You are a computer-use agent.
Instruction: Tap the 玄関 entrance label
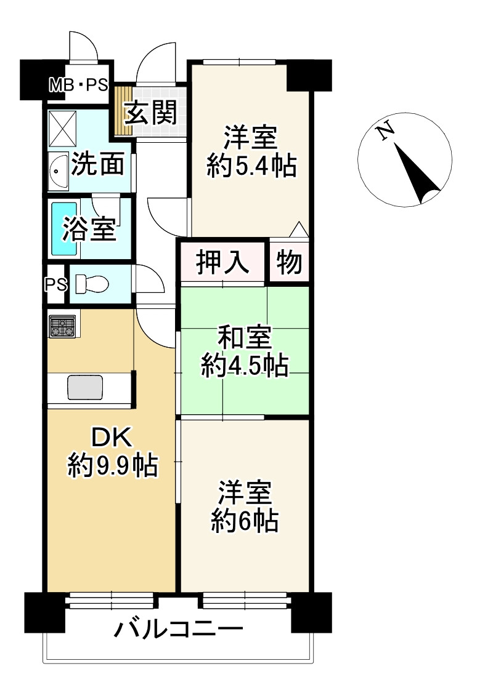pyautogui.click(x=151, y=112)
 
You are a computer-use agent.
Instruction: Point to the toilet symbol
pyautogui.click(x=91, y=284)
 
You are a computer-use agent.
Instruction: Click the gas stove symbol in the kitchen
pyautogui.click(x=62, y=326)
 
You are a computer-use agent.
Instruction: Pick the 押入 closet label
pyautogui.click(x=222, y=262)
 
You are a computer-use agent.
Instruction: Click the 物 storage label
pyautogui.click(x=289, y=262)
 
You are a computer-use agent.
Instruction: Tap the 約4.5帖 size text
pyautogui.click(x=245, y=367)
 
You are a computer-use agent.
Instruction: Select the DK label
pyautogui.click(x=112, y=439)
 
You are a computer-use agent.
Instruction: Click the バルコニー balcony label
pyautogui.click(x=178, y=630)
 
